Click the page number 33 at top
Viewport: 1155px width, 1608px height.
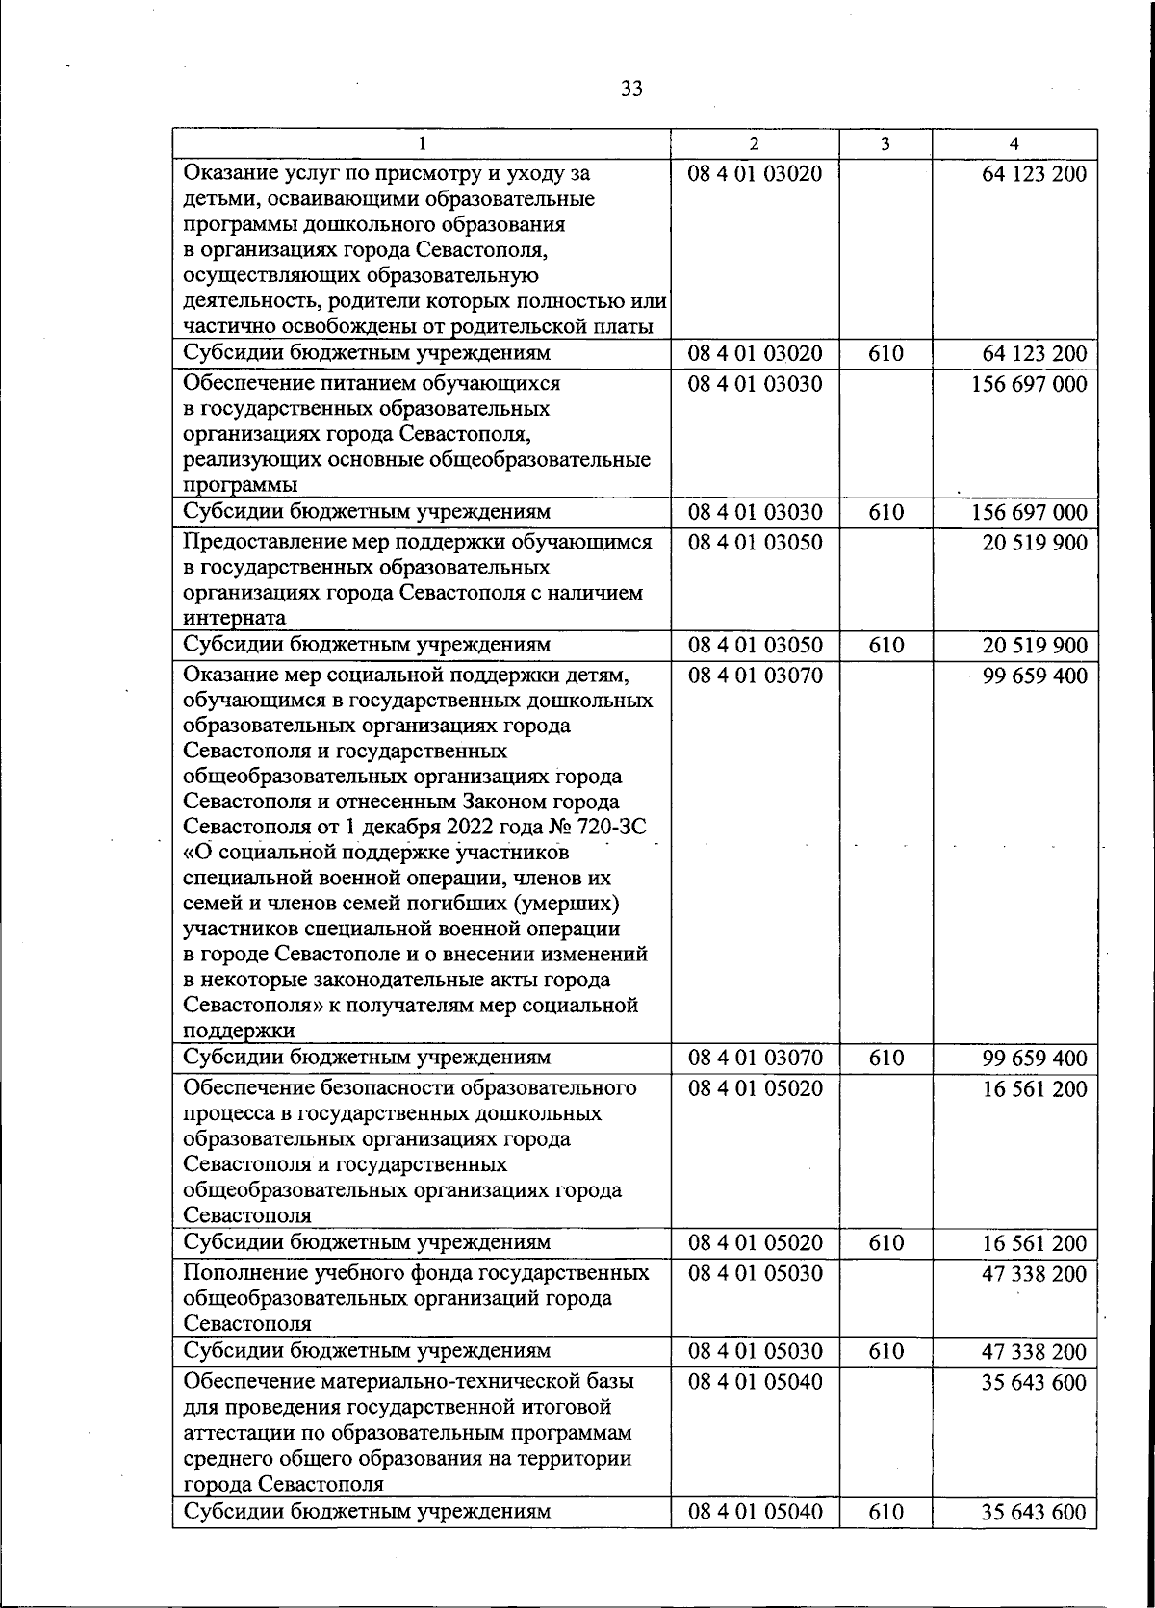pyautogui.click(x=631, y=89)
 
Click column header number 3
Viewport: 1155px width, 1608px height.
pyautogui.click(x=885, y=143)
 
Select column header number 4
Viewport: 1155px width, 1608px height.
pyautogui.click(x=1014, y=143)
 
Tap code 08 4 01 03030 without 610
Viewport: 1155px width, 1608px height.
pyautogui.click(x=755, y=384)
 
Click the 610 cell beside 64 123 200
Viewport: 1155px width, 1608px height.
pyautogui.click(x=885, y=354)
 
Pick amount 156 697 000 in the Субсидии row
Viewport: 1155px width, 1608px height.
pyautogui.click(x=1028, y=512)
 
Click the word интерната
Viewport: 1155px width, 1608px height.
pyautogui.click(x=234, y=619)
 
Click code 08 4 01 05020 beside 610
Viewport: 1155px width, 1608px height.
pyautogui.click(x=755, y=1243)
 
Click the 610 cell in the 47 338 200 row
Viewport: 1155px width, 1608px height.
pyautogui.click(x=885, y=1352)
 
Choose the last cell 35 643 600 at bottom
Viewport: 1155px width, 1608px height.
pyautogui.click(x=1034, y=1512)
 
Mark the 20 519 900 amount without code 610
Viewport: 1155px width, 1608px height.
pyautogui.click(x=1034, y=543)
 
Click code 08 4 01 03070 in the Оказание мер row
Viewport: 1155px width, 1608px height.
pyautogui.click(x=755, y=676)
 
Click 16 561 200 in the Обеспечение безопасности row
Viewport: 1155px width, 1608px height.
pyautogui.click(x=1034, y=1089)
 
